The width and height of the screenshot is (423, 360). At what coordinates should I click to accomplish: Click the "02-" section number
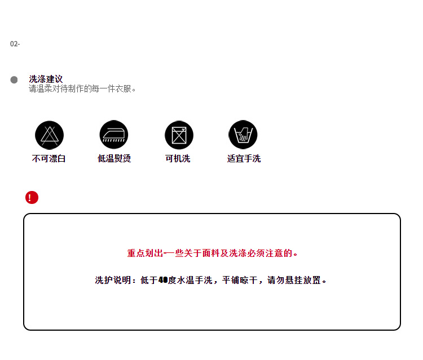15,44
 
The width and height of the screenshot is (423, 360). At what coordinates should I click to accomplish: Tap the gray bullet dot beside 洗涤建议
14,80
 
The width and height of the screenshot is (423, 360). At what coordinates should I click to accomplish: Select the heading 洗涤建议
46,79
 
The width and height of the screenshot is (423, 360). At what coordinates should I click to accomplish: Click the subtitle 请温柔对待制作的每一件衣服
82,89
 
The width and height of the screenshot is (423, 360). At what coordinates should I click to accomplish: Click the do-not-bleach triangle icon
49,135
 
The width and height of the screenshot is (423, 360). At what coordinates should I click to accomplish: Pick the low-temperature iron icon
114,135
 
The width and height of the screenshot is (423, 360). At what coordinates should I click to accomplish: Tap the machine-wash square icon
179,135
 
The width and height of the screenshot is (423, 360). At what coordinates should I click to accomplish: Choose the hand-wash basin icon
243,135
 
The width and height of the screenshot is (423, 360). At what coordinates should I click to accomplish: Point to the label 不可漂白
49,159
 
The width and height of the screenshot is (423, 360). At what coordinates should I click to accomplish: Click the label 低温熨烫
114,159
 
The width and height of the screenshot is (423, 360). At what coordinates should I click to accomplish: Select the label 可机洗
178,159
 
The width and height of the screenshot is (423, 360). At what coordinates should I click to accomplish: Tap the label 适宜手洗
244,159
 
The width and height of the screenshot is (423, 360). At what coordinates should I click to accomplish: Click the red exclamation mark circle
32,198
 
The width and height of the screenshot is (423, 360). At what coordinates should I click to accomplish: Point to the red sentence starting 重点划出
212,254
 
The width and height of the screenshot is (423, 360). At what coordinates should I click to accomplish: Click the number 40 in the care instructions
163,280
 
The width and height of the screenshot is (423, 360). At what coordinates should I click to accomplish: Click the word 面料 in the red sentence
210,254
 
